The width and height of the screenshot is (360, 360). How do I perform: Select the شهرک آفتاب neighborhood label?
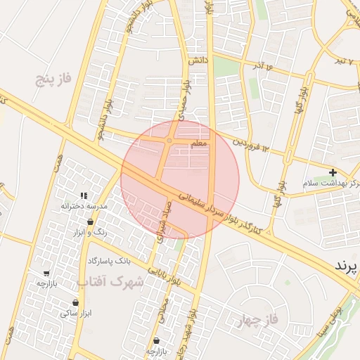[x=109, y=283]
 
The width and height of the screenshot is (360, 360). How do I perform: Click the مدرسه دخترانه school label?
[x=84, y=206]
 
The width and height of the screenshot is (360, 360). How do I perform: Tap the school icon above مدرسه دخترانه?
[x=84, y=195]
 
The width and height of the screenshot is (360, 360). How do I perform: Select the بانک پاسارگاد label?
[x=110, y=261]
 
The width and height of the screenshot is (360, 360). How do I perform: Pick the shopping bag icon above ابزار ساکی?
[x=75, y=303]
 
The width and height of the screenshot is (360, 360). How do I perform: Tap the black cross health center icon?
[x=333, y=172]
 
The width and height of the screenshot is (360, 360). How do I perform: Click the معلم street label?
[x=199, y=143]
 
